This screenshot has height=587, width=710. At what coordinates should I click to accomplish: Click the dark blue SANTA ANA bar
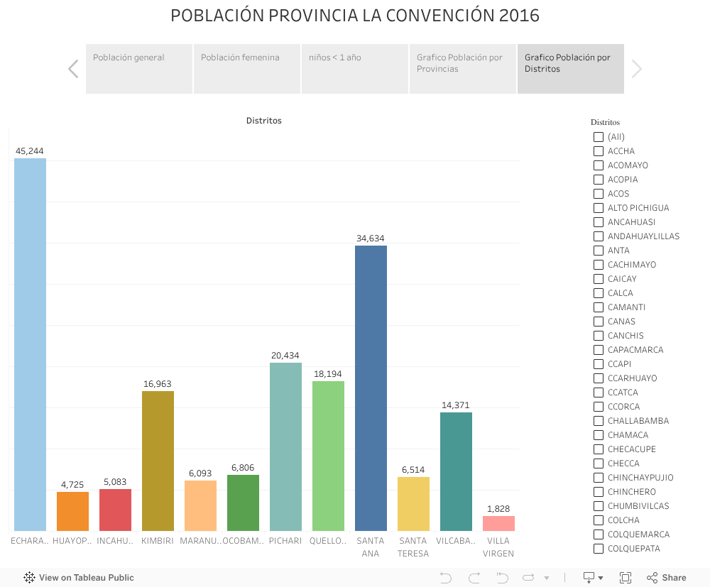coord(371,388)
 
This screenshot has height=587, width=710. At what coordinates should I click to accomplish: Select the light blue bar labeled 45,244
coord(30,344)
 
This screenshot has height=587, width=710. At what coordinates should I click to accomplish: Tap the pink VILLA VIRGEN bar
coord(498,523)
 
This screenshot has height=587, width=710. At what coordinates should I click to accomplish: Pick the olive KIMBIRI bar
coord(158,461)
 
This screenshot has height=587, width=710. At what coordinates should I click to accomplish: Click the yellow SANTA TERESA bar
coord(413,504)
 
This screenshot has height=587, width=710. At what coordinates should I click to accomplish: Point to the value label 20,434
coord(285,356)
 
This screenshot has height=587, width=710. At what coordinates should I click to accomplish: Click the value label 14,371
coord(456,405)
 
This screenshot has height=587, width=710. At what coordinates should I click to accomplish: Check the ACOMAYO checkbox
coord(599,165)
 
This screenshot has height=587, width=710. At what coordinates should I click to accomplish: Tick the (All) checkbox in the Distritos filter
coord(599,137)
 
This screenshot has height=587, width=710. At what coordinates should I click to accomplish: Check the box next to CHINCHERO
coord(599,492)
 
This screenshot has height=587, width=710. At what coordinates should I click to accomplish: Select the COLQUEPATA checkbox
coord(599,549)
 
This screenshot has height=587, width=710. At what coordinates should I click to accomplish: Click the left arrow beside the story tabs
coord(73,69)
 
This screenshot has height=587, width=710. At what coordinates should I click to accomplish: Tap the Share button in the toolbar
coord(667,578)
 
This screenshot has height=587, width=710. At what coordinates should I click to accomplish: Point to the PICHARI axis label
coord(285,541)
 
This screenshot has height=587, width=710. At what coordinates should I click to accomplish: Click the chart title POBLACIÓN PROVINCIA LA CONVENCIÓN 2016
coord(355,16)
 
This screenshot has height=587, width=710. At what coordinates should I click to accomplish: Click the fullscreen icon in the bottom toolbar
coord(626,578)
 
